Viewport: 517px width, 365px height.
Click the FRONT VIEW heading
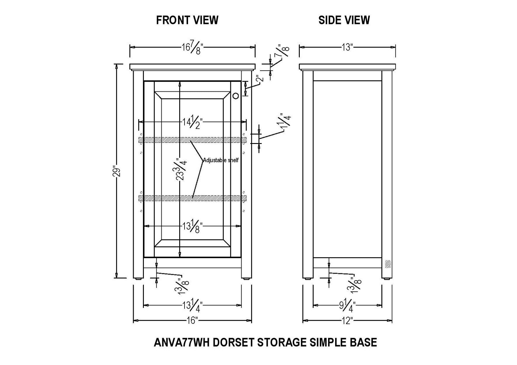pos(187,20)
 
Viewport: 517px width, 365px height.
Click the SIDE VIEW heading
pos(344,20)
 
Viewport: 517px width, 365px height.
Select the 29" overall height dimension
pos(117,172)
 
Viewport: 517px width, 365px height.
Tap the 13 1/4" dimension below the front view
pos(192,305)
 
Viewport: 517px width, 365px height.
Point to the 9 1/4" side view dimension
pos(347,305)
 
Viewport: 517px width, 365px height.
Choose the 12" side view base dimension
pos(347,321)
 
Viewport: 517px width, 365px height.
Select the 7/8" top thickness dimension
pos(283,52)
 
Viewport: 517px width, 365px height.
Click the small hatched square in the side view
pos(388,264)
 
